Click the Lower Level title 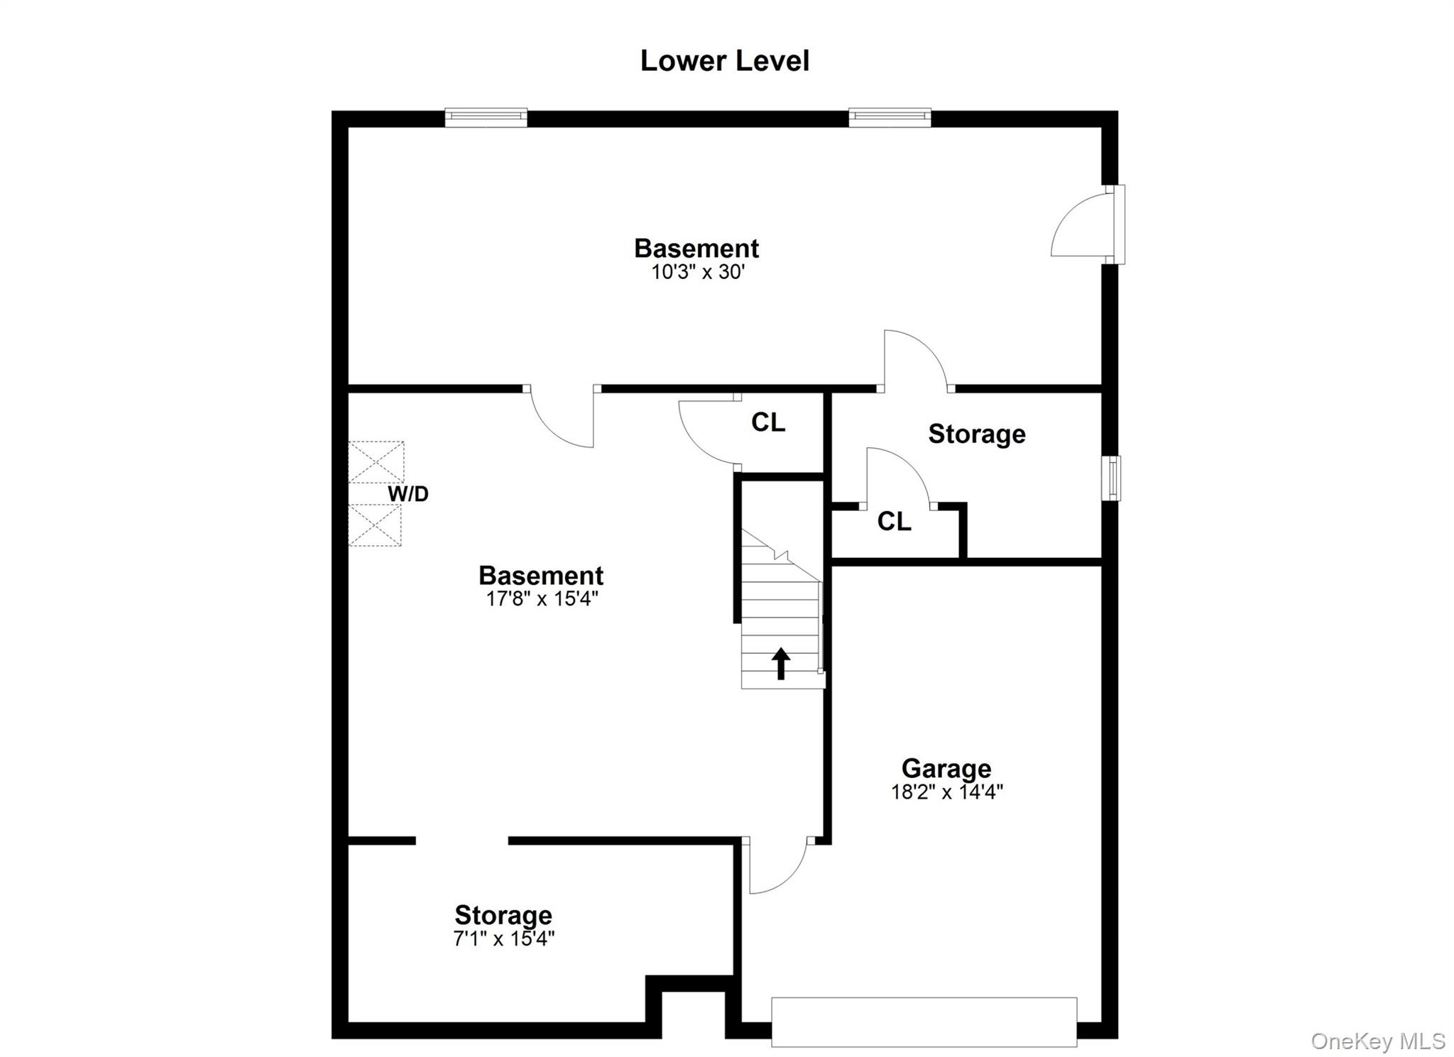[724, 61]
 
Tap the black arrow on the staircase [781, 663]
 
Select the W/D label [408, 494]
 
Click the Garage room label [946, 768]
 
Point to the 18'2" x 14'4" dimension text [946, 792]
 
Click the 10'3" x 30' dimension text [697, 272]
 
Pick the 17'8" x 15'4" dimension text [542, 598]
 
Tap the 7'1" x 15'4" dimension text [503, 938]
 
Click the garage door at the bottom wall [924, 1022]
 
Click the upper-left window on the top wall [486, 117]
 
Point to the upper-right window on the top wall [890, 117]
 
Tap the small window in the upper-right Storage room [1111, 478]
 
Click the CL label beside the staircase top [768, 423]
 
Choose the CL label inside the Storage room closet [894, 522]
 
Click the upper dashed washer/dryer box [376, 462]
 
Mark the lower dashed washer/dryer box [374, 525]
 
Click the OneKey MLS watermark [1377, 1041]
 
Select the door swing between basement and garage [776, 866]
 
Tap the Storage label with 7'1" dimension [503, 915]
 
